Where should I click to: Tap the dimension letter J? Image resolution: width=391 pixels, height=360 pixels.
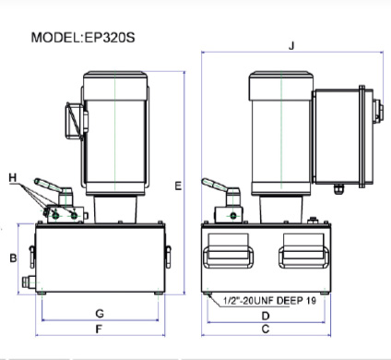(291, 46)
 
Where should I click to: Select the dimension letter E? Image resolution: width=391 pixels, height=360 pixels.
(178, 186)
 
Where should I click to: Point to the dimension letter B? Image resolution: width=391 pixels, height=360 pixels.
(13, 258)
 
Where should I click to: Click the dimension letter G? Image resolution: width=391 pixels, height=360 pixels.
(100, 314)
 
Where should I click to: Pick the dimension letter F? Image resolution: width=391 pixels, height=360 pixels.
(99, 330)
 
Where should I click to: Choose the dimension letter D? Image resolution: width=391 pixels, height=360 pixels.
(266, 316)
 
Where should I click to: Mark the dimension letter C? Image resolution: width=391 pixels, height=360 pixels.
(266, 329)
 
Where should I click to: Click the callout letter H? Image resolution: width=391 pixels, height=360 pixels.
(13, 177)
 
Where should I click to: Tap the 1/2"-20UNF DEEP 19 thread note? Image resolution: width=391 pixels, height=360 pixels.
(269, 300)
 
